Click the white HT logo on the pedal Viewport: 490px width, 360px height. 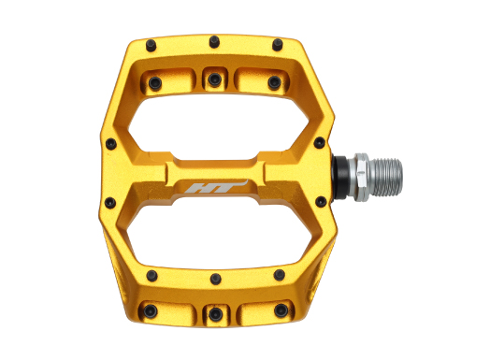click(216, 187)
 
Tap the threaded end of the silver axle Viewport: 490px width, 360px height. click(386, 177)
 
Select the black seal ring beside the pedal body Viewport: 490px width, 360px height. click(341, 178)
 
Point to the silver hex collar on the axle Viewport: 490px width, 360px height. click(360, 177)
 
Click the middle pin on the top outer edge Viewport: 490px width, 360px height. click(214, 41)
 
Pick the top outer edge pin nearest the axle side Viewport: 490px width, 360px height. click(277, 44)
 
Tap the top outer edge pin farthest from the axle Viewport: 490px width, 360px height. click(151, 45)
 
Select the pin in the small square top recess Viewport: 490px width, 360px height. click(215, 79)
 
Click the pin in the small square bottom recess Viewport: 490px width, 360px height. click(216, 314)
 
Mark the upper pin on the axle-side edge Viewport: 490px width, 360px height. click(320, 142)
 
